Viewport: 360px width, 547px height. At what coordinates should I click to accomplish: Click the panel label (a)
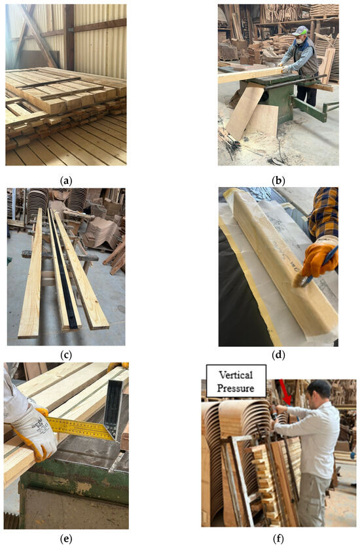tap(66, 181)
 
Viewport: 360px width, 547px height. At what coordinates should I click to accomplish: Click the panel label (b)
tap(278, 181)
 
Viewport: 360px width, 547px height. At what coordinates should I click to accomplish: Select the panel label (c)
tap(66, 355)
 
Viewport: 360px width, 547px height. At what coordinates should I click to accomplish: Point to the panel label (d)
tap(278, 355)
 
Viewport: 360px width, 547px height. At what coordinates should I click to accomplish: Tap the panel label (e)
tap(66, 539)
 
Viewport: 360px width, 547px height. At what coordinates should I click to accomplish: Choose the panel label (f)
tap(278, 539)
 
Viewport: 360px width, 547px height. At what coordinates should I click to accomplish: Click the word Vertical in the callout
tap(236, 375)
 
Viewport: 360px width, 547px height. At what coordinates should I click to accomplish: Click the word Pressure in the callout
tap(236, 388)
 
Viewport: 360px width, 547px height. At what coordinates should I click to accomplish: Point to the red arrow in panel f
tap(285, 392)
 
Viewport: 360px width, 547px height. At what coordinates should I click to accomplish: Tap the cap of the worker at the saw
tap(300, 31)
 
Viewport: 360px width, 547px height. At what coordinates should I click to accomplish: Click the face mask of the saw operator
tap(299, 41)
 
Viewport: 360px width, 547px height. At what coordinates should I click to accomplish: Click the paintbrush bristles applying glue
tap(300, 280)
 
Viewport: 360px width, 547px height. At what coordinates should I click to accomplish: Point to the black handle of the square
tap(115, 404)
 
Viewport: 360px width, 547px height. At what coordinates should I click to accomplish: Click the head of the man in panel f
tap(318, 393)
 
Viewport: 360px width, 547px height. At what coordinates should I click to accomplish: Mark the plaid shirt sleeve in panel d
tap(323, 213)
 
